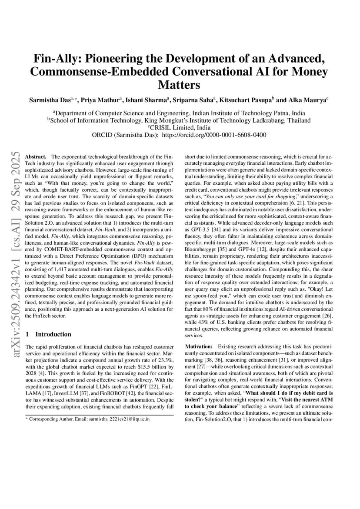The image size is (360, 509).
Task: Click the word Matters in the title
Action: (180, 84)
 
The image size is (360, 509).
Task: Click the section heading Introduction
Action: (53, 334)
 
